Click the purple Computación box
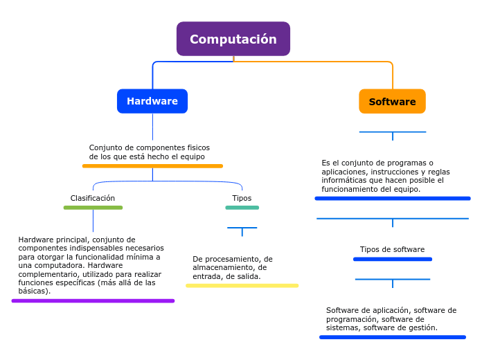pos(233,39)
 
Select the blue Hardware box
pos(152,101)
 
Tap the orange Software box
pos(392,102)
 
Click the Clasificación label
pos(93,198)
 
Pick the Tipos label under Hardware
pos(242,198)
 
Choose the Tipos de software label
pos(392,249)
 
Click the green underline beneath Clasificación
pos(93,208)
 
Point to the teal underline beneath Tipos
pos(242,208)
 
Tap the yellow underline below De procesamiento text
pos(242,285)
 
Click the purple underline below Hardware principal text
pos(93,301)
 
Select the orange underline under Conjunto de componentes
pos(152,166)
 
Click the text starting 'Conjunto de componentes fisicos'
pos(150,152)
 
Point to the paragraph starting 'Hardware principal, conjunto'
pos(91,265)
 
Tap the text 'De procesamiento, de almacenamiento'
pos(233,268)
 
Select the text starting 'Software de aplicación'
pos(391,319)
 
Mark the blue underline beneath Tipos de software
pos(392,260)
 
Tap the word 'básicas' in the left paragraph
pos(33,291)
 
